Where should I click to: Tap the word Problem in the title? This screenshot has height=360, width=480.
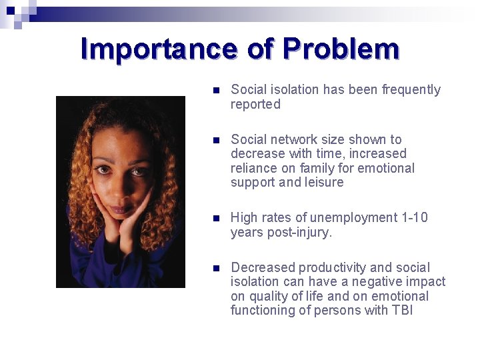click(341, 49)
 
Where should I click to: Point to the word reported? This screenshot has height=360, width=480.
click(255, 105)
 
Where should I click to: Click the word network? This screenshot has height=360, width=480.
click(293, 140)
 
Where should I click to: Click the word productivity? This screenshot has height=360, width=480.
click(331, 268)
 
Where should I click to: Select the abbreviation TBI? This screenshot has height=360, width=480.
click(402, 311)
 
